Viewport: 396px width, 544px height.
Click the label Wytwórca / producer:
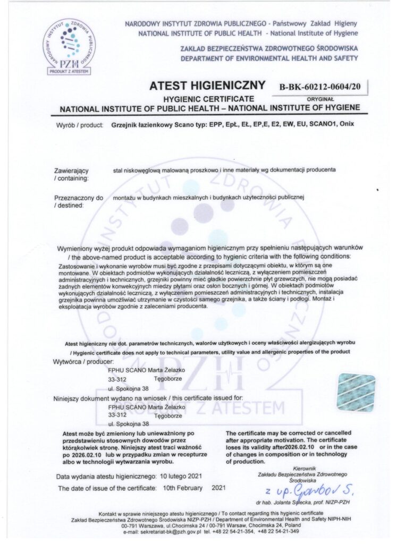tap(83, 362)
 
